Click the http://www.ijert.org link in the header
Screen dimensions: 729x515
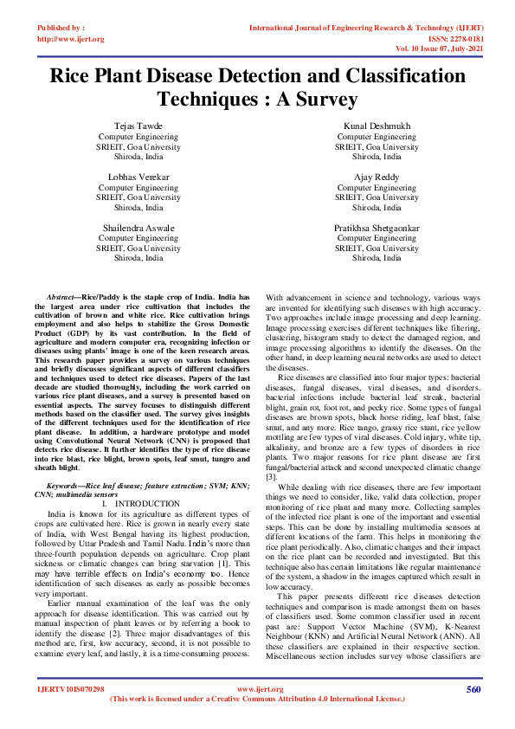[x=71, y=39]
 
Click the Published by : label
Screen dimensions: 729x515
[x=62, y=29]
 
